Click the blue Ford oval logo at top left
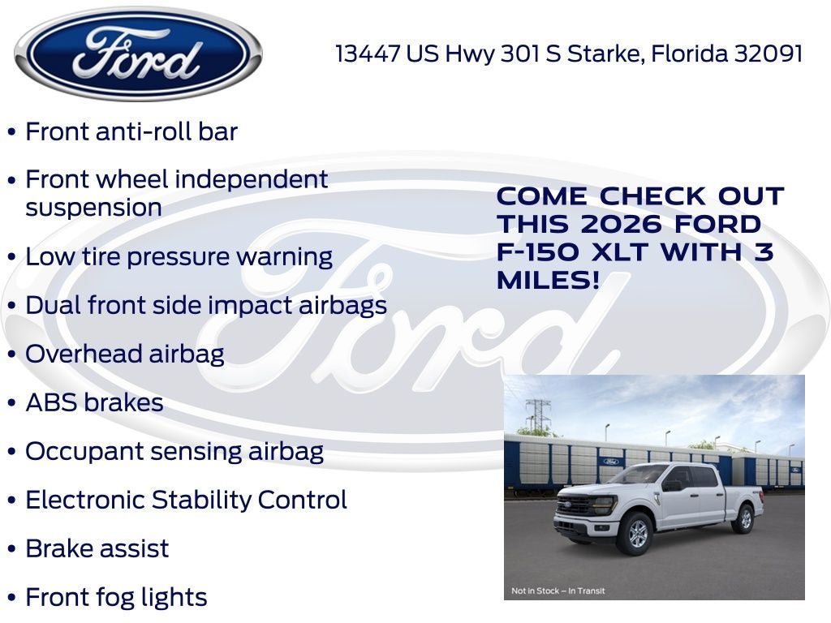(138, 55)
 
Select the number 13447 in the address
(368, 54)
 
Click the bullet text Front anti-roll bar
(131, 131)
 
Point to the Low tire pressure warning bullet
(179, 257)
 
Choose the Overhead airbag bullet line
(125, 354)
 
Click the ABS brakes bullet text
(94, 403)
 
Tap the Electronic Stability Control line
(186, 500)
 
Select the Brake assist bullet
(97, 548)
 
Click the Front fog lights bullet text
(116, 598)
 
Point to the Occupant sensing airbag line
(174, 452)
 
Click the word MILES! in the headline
(549, 281)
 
